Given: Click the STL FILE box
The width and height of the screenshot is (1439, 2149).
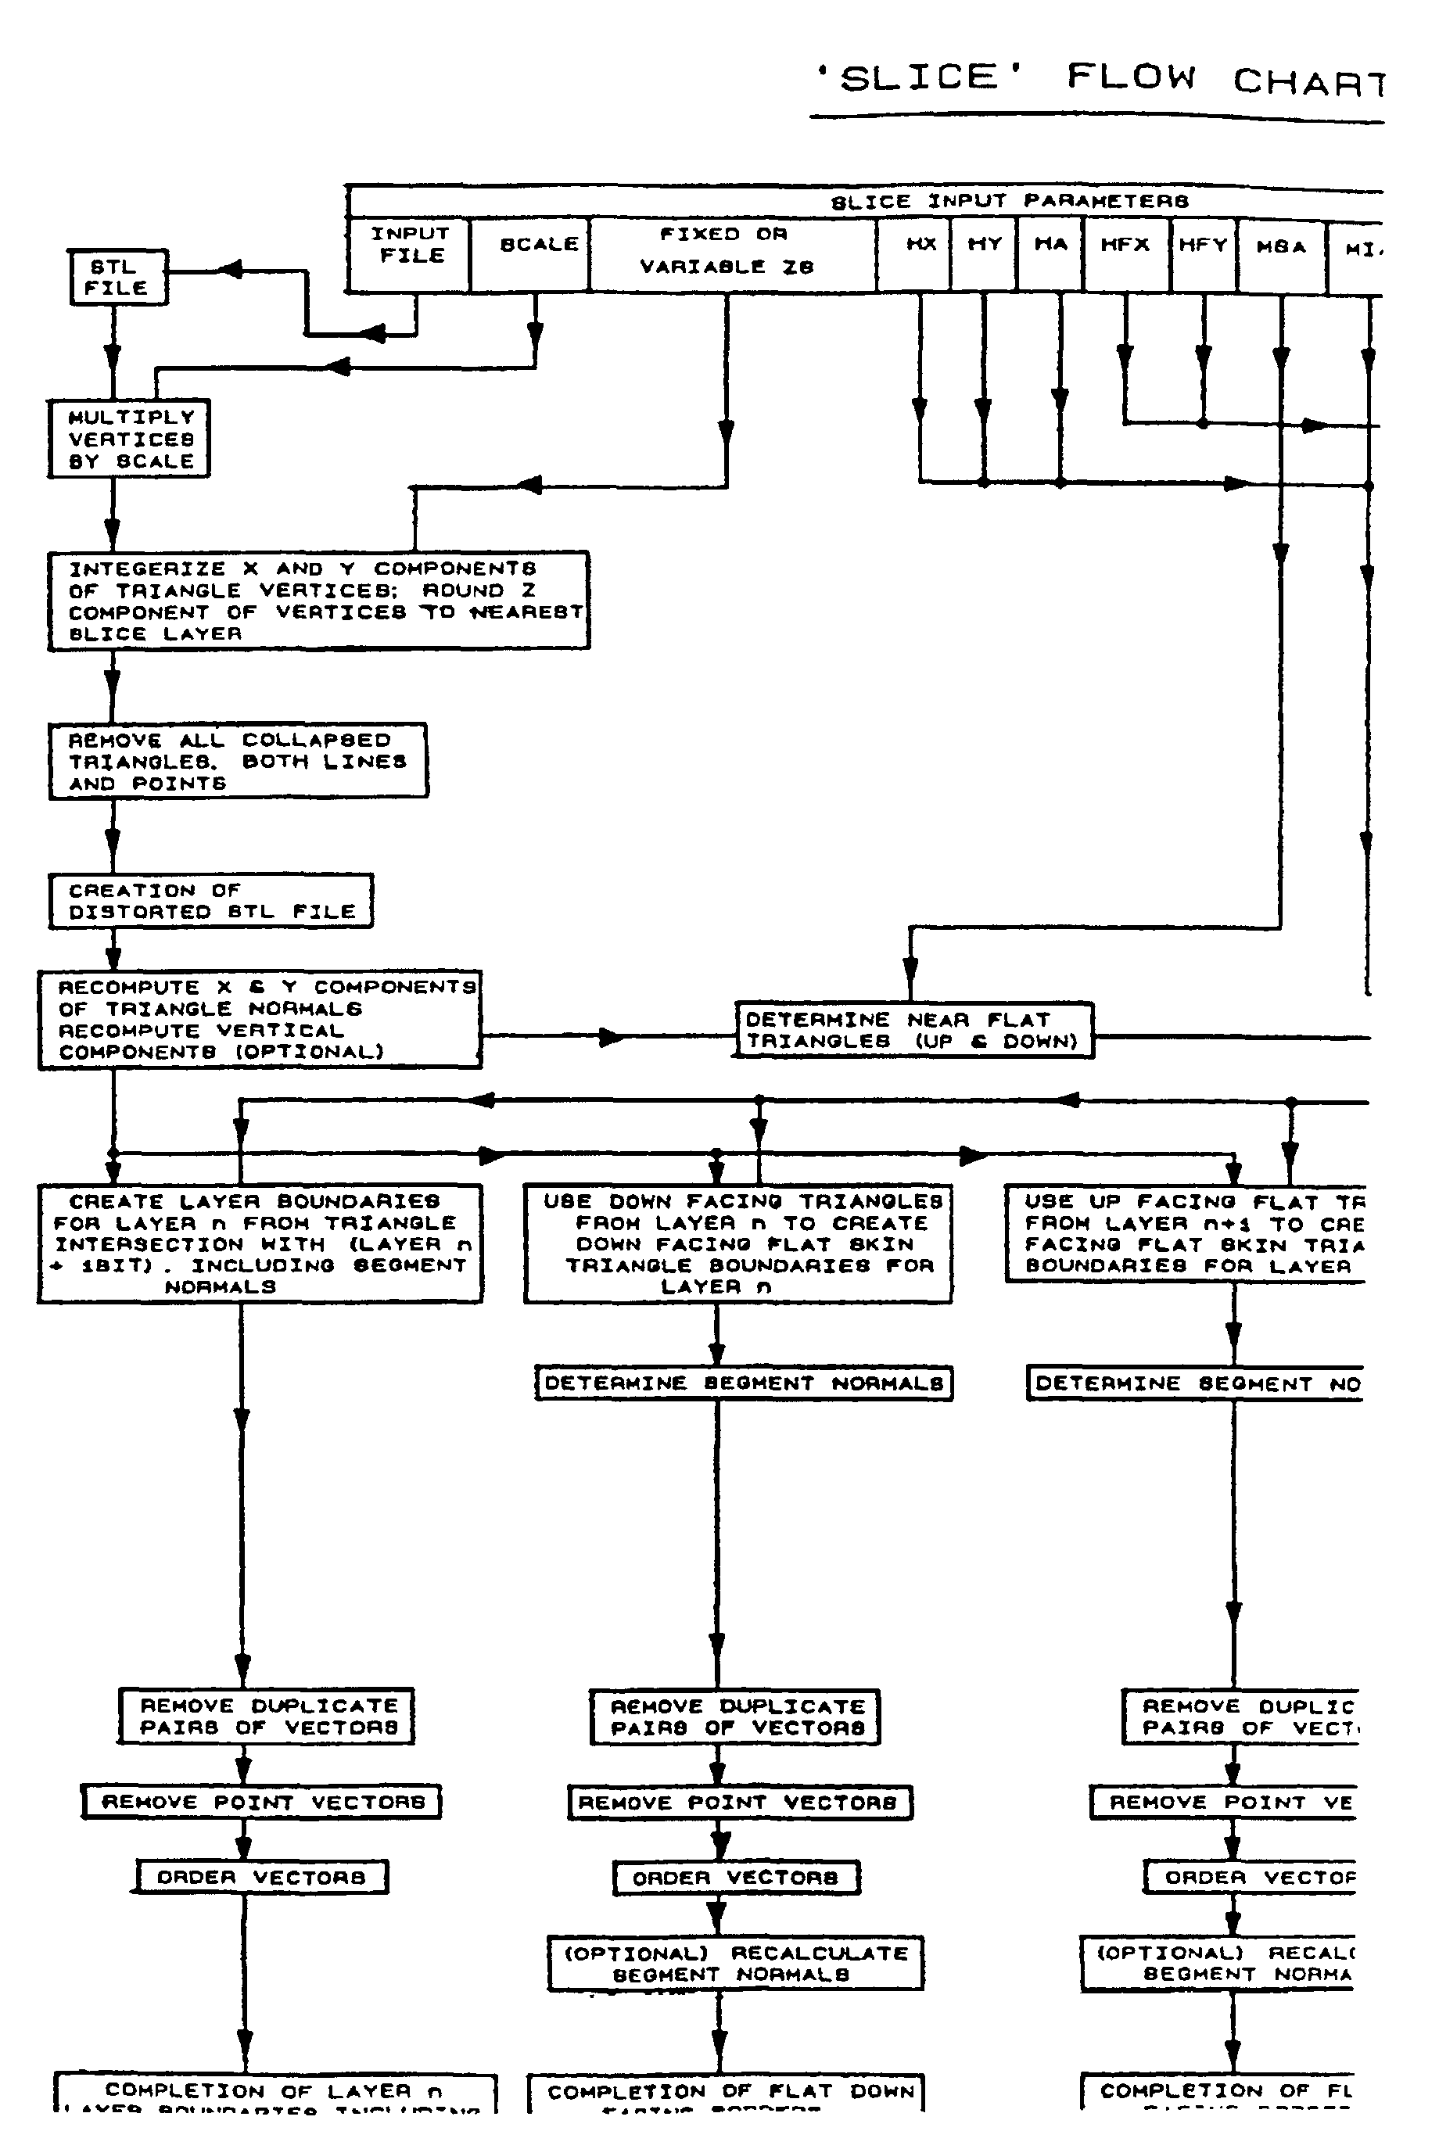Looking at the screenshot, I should (x=118, y=277).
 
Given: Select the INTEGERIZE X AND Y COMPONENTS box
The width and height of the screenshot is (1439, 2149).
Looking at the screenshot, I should (x=318, y=601).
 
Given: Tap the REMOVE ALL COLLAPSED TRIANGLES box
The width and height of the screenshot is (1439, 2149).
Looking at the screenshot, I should (x=238, y=761).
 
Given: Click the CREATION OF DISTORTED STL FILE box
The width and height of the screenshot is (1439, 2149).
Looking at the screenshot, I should (x=210, y=901).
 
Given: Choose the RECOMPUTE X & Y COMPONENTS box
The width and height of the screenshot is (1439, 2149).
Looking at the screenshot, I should (x=260, y=1020).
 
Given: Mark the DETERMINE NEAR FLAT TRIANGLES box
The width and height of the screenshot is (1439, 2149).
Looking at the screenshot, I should (x=913, y=1031).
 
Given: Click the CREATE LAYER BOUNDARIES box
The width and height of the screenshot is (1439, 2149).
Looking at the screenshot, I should (x=260, y=1243).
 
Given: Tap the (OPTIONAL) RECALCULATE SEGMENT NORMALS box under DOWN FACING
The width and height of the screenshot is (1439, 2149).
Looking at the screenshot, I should (x=735, y=1963).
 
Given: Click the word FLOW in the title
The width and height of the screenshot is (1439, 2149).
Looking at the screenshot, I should (x=1131, y=77).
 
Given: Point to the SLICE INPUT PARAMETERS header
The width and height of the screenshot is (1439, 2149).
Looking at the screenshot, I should (x=1010, y=201).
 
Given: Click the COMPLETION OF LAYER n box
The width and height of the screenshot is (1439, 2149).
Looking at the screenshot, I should (x=275, y=2091).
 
